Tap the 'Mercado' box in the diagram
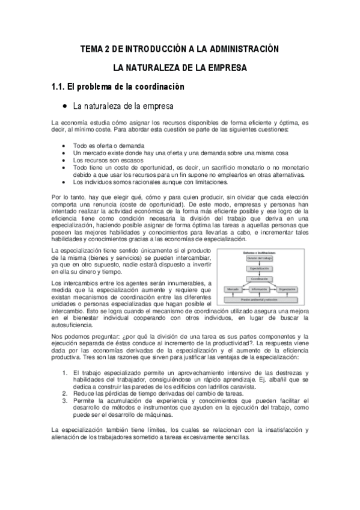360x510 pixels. point(233,289)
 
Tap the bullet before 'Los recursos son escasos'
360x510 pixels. point(64,161)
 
